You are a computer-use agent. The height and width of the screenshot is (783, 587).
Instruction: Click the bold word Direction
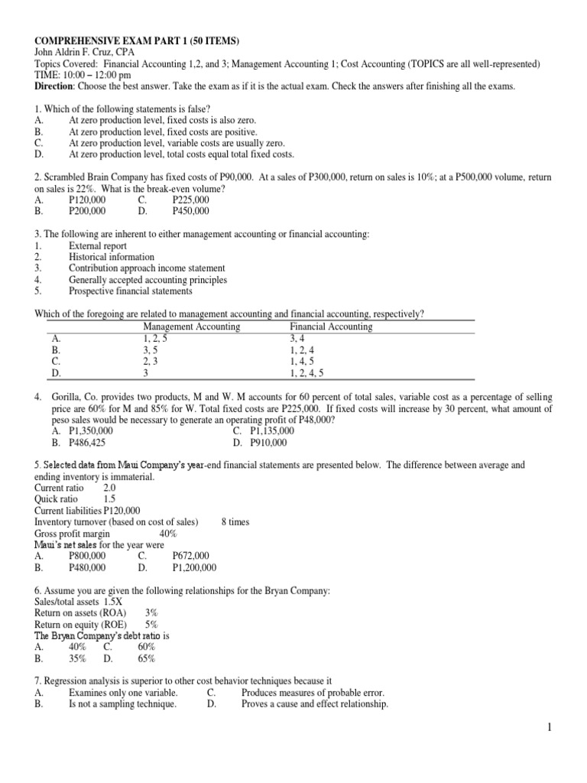click(x=56, y=86)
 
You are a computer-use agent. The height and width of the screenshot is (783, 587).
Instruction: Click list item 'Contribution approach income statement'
click(x=147, y=268)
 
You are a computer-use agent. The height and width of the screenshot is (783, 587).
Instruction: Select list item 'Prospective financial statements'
click(x=131, y=291)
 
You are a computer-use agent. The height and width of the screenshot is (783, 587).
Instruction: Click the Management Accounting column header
click(x=191, y=327)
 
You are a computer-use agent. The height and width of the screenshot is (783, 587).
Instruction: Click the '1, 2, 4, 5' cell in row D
click(x=307, y=373)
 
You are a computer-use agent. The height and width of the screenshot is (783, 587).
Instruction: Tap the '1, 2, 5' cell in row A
click(x=155, y=338)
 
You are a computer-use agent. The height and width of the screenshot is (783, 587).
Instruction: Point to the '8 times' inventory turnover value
click(x=235, y=522)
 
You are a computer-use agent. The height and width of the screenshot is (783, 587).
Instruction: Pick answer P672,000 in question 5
click(x=190, y=557)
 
